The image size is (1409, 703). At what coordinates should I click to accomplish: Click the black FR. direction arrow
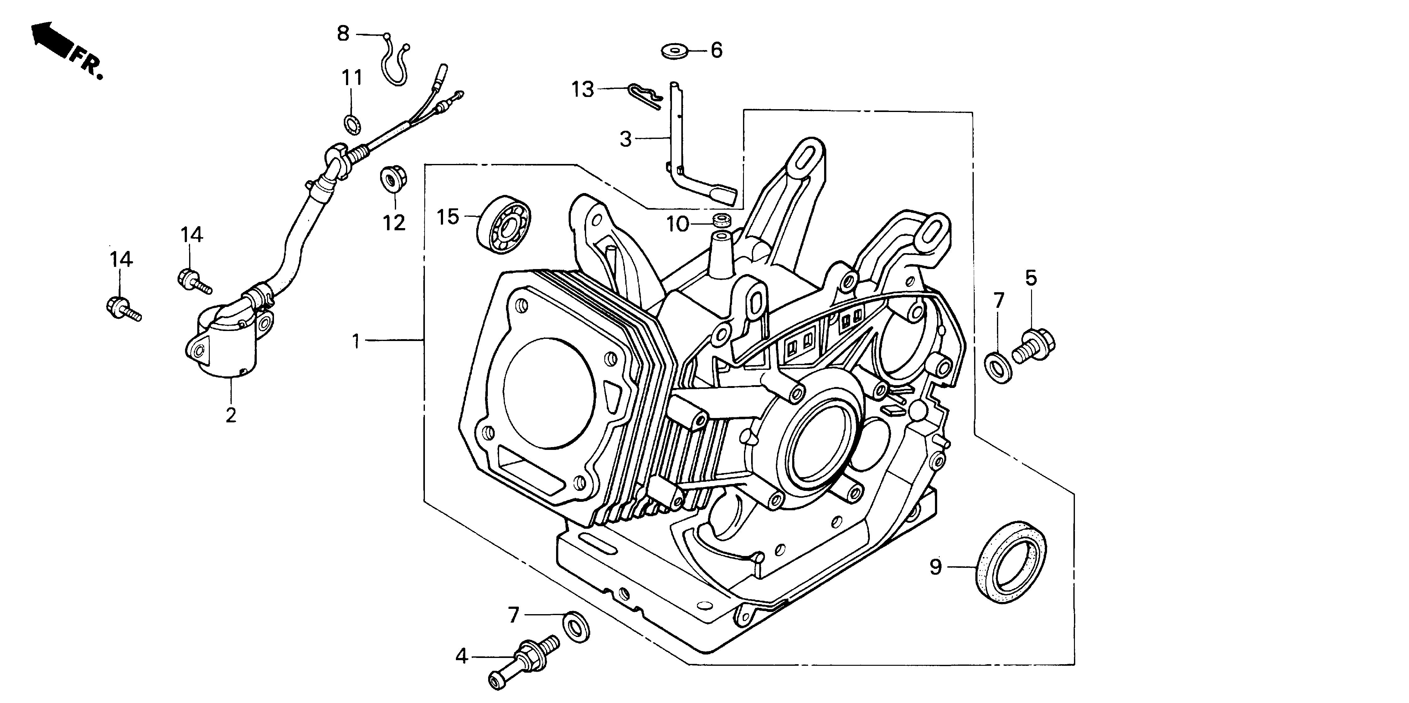pos(52,39)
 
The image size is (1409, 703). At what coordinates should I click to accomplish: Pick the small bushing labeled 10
pos(721,221)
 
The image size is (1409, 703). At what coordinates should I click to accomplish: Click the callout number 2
pos(231,415)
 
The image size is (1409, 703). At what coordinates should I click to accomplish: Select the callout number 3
pos(625,140)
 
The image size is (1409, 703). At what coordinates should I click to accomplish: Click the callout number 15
pos(447,217)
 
